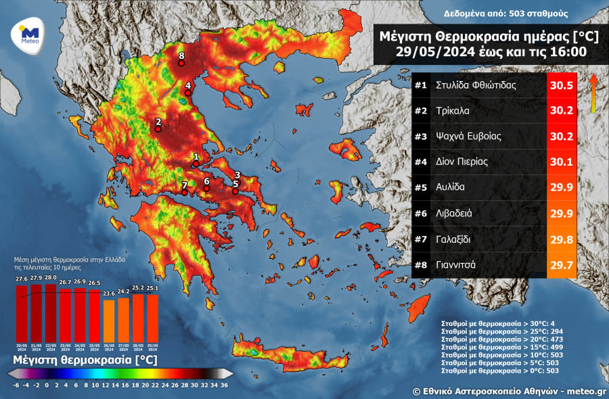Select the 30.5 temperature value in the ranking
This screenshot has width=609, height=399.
pos(562,86)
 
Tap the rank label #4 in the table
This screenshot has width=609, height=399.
pos(420,162)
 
